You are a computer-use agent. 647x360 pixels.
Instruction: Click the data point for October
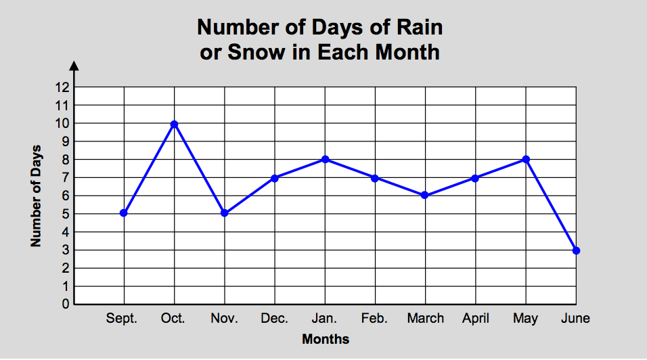pyautogui.click(x=174, y=124)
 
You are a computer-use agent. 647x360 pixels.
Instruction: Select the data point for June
pyautogui.click(x=576, y=250)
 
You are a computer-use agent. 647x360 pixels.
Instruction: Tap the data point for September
pyautogui.click(x=123, y=213)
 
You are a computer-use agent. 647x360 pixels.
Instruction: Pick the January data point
pyautogui.click(x=325, y=159)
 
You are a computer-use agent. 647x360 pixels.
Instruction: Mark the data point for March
pyautogui.click(x=425, y=195)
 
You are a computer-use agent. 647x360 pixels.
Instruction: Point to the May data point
pyautogui.click(x=526, y=159)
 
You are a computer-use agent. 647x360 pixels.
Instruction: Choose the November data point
pyautogui.click(x=224, y=213)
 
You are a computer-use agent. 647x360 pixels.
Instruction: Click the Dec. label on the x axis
pyautogui.click(x=274, y=319)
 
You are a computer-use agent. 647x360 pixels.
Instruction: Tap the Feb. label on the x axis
pyautogui.click(x=374, y=319)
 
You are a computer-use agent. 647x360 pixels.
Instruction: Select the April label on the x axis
pyautogui.click(x=476, y=319)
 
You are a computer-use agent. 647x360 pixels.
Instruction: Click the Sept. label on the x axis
pyautogui.click(x=122, y=319)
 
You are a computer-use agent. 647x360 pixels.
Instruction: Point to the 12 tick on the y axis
pyautogui.click(x=62, y=87)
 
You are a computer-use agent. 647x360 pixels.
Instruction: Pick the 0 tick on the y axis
pyautogui.click(x=66, y=304)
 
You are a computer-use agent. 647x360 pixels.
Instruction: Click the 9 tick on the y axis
pyautogui.click(x=66, y=141)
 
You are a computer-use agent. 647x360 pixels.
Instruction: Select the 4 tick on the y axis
pyautogui.click(x=66, y=231)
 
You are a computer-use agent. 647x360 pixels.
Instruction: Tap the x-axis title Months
pyautogui.click(x=326, y=339)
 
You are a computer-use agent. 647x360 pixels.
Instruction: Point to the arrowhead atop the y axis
pyautogui.click(x=74, y=65)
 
